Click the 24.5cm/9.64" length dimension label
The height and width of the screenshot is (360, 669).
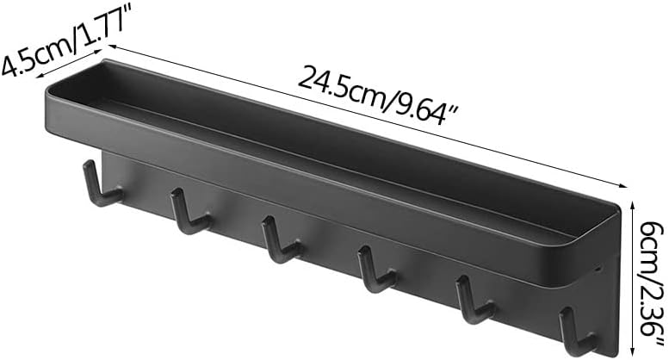point(378,95)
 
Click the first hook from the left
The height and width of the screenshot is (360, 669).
point(102,183)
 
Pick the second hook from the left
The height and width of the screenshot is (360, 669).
point(189,212)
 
